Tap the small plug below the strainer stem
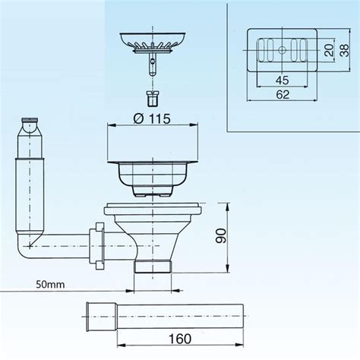(151, 99)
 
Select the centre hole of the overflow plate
(281, 49)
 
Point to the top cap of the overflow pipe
(30, 121)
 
